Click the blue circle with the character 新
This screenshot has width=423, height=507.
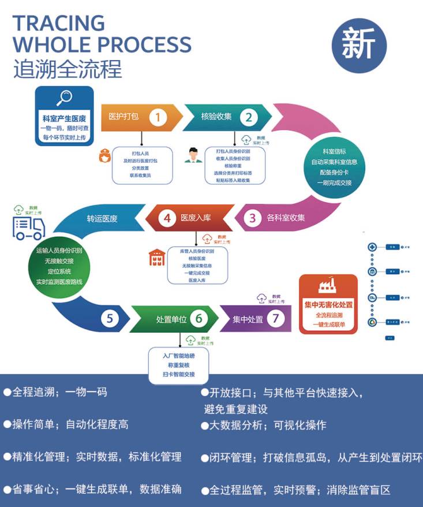coord(359,46)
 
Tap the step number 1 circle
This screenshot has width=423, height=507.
coord(158,117)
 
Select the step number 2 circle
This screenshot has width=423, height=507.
coord(249,117)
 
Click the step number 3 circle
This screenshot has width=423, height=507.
coord(252,218)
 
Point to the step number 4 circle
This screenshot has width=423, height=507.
coord(167,218)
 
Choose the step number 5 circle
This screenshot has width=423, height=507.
coord(110,318)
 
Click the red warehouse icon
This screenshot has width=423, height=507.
coord(157,258)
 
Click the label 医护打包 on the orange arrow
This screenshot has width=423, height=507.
coord(123,117)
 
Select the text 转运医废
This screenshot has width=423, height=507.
coord(102,218)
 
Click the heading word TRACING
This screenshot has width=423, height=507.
coord(58,23)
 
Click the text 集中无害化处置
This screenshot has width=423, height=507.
coord(328,304)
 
